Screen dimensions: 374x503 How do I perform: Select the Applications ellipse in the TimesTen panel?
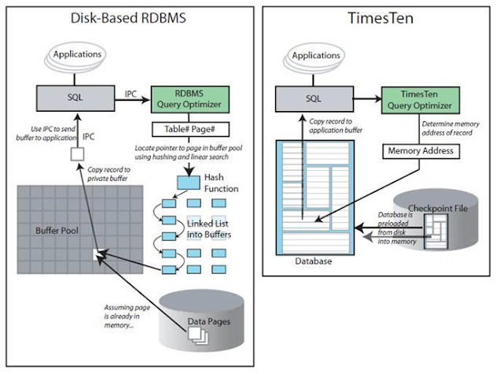[316, 57]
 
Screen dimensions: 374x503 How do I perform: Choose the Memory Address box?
[417, 150]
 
